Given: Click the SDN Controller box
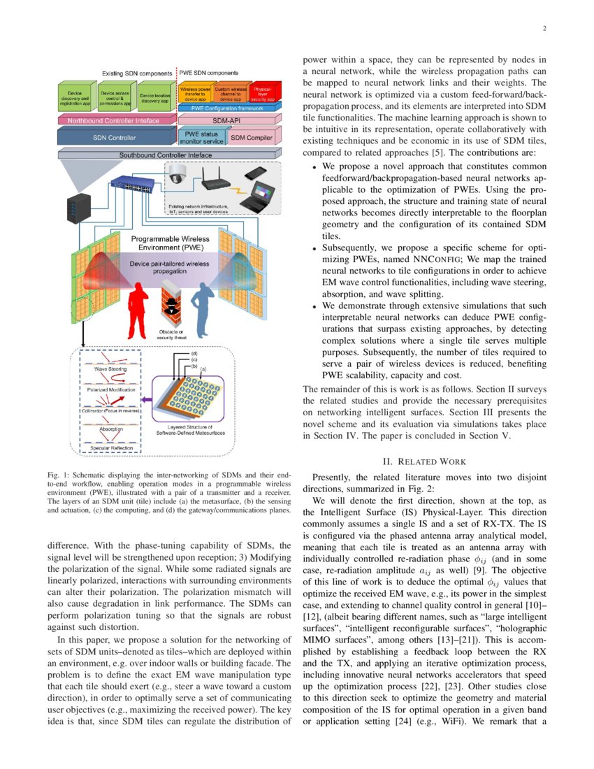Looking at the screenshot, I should pos(108,138).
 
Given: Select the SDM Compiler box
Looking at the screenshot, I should pos(252,138).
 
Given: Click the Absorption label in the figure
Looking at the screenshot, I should pos(111,429).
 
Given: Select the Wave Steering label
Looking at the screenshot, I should pos(110,368).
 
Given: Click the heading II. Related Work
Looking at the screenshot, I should pos(419,461).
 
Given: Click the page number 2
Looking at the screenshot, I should pos(544,29).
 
